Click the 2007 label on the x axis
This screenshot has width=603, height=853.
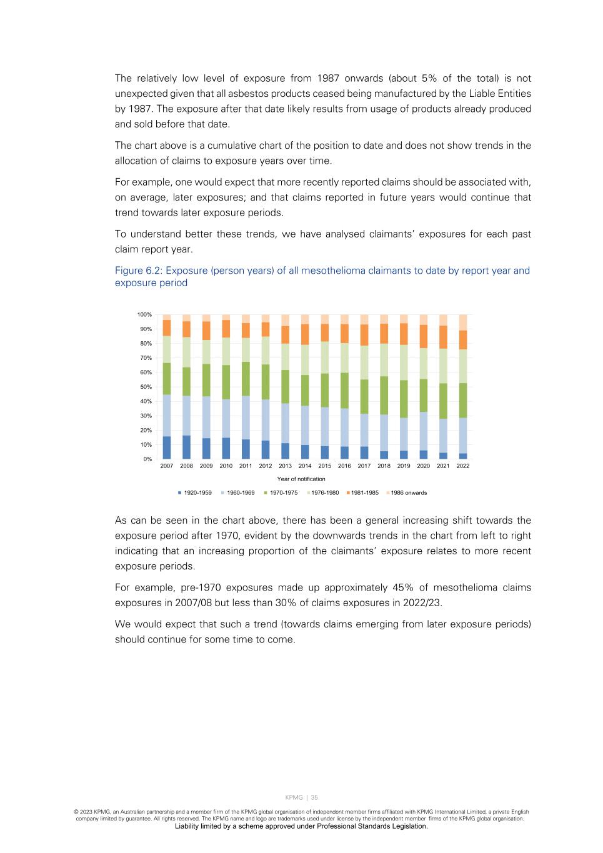166,466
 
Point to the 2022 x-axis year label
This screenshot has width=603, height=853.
463,466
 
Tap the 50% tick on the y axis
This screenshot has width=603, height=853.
146,387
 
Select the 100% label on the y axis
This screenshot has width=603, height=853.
144,314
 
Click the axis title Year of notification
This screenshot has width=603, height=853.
301,479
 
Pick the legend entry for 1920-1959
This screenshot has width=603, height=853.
195,493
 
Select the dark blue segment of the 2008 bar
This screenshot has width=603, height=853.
186,447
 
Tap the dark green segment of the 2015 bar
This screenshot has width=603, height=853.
325,391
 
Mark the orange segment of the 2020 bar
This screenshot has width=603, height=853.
424,336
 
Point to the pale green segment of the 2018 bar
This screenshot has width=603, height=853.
384,360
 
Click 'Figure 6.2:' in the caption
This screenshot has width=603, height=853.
138,271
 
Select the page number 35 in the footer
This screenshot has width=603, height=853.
314,797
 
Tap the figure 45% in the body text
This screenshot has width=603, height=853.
403,587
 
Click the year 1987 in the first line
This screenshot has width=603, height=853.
328,78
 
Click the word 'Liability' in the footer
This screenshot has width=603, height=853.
187,826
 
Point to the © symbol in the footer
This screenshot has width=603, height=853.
76,812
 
